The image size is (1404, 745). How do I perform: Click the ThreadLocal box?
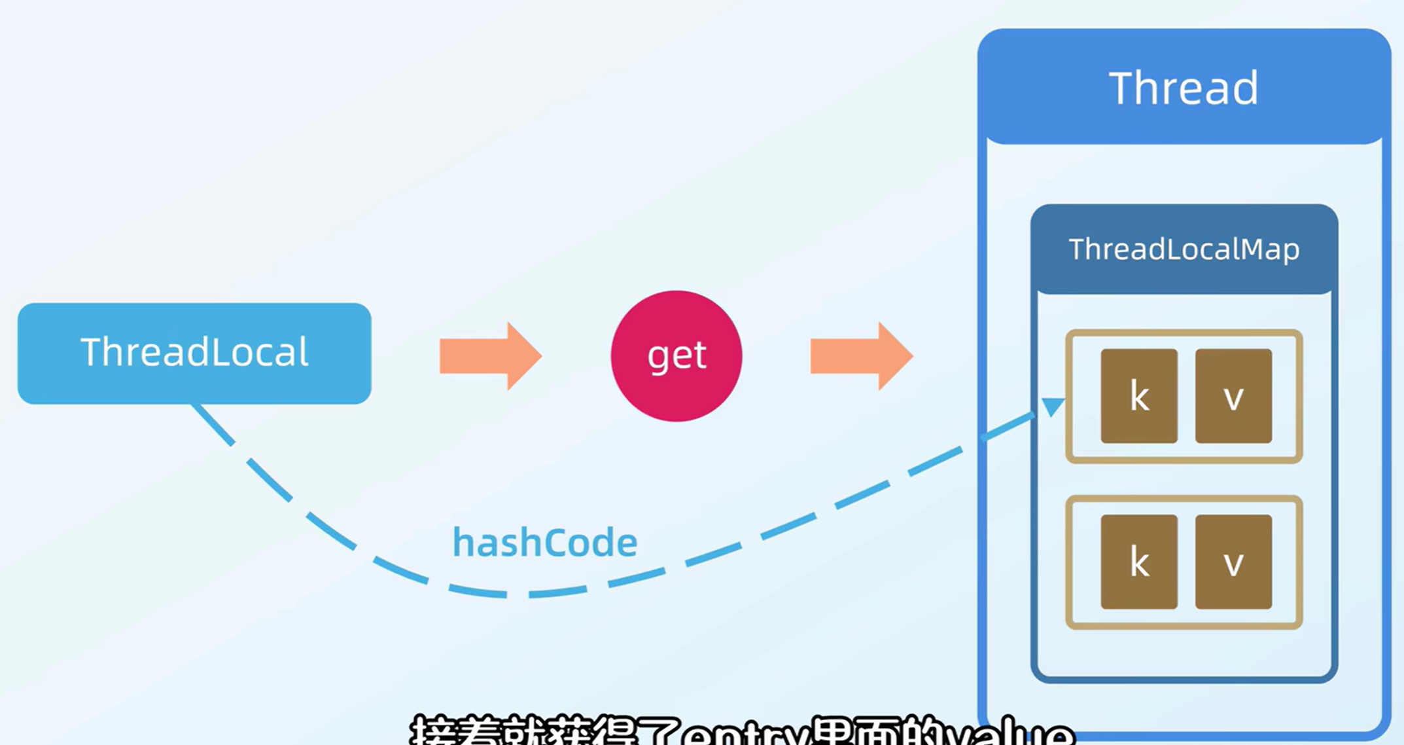[194, 354]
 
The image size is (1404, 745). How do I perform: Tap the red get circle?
[676, 356]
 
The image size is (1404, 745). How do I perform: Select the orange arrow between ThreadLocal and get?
[489, 356]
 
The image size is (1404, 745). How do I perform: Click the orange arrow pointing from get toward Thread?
[860, 356]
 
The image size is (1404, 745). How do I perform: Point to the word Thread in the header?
[1183, 88]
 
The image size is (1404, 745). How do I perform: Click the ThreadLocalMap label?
[1184, 249]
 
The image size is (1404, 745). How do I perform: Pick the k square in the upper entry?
[1138, 396]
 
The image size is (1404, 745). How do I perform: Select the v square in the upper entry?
[1233, 396]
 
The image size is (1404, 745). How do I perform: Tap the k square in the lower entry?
[1138, 562]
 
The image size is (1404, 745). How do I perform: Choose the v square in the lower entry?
[1233, 562]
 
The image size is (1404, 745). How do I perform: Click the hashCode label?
[544, 542]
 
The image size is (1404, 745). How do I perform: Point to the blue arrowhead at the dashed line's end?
[1052, 407]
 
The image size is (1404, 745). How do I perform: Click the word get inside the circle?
[676, 356]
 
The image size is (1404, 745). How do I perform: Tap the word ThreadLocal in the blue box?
[194, 352]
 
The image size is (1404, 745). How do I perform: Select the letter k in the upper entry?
[1139, 397]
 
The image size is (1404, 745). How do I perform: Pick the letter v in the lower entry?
[1233, 564]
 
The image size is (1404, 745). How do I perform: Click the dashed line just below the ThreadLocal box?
[213, 425]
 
